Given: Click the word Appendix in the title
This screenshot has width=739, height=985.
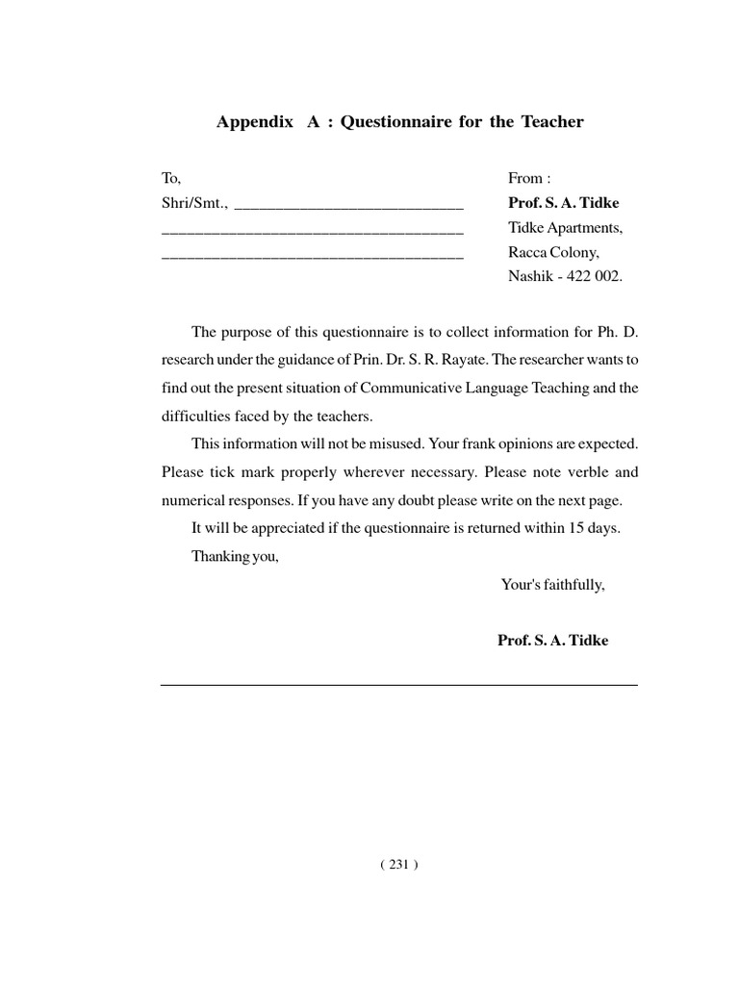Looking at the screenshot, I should click(x=255, y=122).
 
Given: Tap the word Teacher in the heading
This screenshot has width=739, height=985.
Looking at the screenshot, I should click(x=552, y=122).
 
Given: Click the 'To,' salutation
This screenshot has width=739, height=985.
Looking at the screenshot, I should click(x=171, y=178).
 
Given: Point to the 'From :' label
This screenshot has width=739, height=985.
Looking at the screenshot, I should click(x=529, y=178).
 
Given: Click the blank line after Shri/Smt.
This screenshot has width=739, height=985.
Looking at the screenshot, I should click(x=348, y=205).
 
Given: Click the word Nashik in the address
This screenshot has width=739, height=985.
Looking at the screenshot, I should click(x=530, y=276).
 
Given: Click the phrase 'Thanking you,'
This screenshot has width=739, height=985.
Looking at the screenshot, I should click(x=235, y=556).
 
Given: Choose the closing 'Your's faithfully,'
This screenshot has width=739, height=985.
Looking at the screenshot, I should click(x=553, y=584).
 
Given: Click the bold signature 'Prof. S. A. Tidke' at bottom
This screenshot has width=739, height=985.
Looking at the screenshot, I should click(x=553, y=641).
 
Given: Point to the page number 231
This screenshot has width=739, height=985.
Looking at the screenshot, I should click(x=398, y=864).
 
